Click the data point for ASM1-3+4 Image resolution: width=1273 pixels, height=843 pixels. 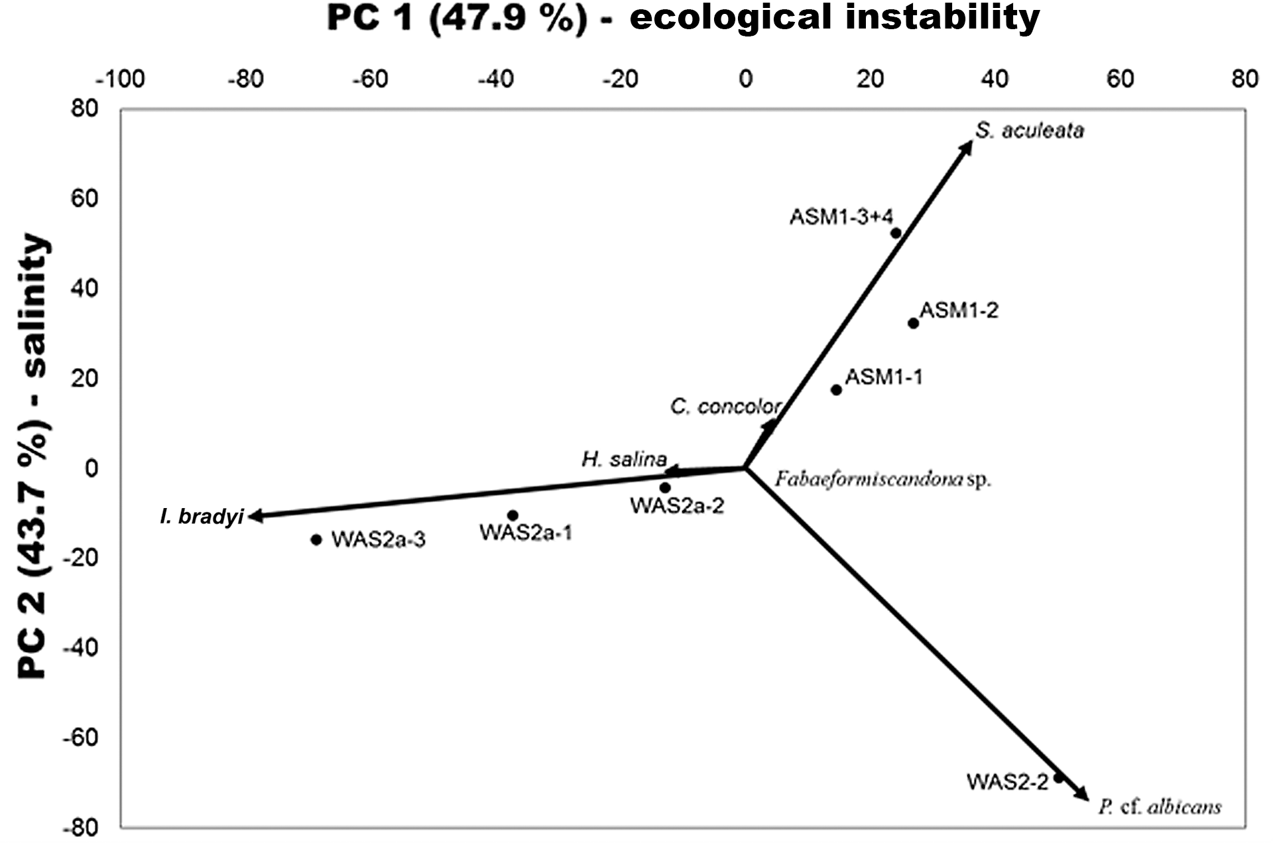(x=896, y=233)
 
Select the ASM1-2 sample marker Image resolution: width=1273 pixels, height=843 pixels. (x=913, y=324)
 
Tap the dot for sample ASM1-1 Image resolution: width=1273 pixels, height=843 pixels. (x=836, y=390)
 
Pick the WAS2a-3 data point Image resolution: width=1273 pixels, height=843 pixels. (x=316, y=540)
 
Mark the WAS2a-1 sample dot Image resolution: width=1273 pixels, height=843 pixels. (x=513, y=515)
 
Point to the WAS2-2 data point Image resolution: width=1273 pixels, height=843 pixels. (x=1059, y=777)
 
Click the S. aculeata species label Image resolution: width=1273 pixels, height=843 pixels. (x=1030, y=131)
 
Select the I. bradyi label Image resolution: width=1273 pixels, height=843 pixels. (x=202, y=517)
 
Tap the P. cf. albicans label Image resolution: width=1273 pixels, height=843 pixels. (x=1160, y=807)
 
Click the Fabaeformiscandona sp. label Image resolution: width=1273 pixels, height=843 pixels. (x=882, y=479)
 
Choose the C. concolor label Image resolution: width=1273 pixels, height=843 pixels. (x=725, y=406)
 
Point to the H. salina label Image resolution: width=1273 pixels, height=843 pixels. (x=624, y=459)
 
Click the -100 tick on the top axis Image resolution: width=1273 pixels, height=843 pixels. (x=120, y=80)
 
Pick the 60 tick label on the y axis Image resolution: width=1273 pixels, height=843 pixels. (x=84, y=198)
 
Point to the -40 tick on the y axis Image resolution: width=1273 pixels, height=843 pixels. (x=80, y=647)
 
